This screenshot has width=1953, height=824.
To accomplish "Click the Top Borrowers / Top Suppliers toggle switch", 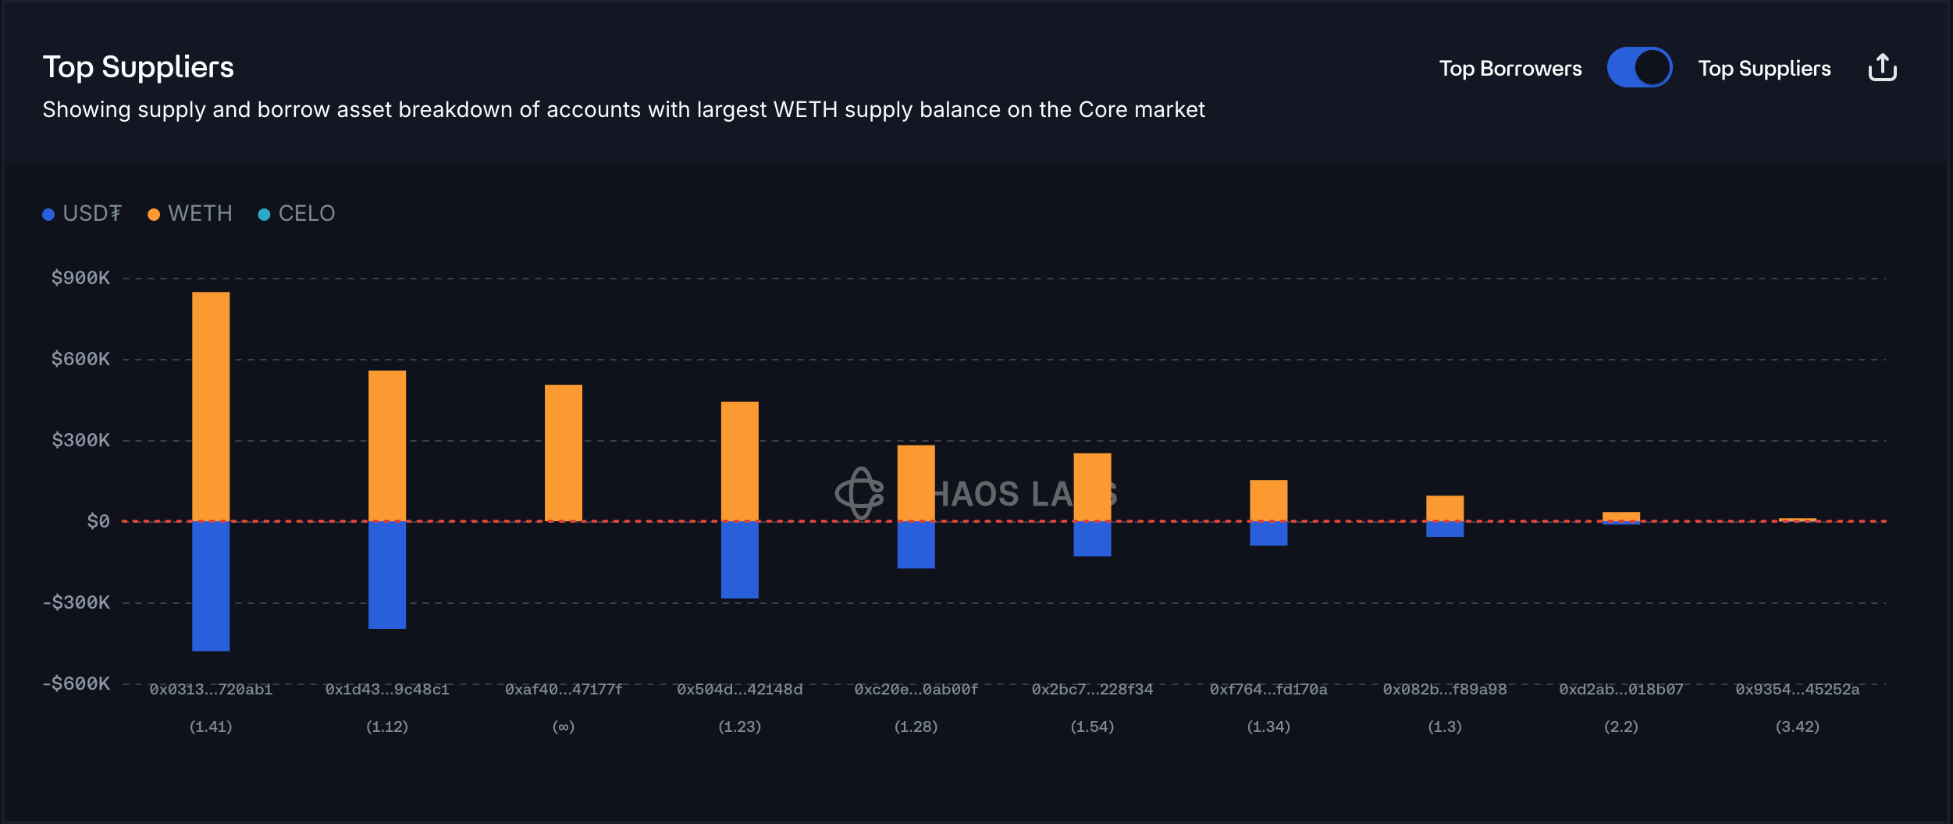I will (1639, 68).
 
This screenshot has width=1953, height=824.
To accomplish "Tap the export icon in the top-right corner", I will (1882, 68).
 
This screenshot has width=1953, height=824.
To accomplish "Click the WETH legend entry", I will (190, 214).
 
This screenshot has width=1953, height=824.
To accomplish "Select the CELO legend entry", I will (297, 214).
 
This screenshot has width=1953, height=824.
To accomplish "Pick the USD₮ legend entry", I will (83, 214).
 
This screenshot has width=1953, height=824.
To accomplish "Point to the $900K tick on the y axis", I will (80, 279).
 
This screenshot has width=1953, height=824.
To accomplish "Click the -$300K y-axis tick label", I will (76, 602).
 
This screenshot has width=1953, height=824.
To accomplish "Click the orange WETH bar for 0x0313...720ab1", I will (211, 406).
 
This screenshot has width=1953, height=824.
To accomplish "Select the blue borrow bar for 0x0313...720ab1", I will (211, 585).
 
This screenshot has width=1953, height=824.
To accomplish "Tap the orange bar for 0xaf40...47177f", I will (564, 453).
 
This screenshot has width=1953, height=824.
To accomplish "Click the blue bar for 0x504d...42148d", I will (739, 559).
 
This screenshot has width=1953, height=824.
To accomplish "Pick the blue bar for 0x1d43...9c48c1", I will (387, 574).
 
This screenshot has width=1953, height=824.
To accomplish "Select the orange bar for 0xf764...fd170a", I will (1268, 500).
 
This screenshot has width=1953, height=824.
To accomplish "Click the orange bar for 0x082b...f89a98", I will (1445, 508).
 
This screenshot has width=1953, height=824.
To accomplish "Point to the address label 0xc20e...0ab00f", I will (916, 690).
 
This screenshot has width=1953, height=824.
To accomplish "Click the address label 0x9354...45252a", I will (1797, 690).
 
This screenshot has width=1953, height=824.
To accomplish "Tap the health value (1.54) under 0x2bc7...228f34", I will (1092, 727).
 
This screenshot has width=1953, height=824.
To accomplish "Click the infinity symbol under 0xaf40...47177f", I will (564, 727).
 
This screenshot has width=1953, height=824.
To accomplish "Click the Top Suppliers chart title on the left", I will (138, 68).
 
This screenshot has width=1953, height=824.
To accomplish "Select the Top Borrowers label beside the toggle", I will (1510, 69).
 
